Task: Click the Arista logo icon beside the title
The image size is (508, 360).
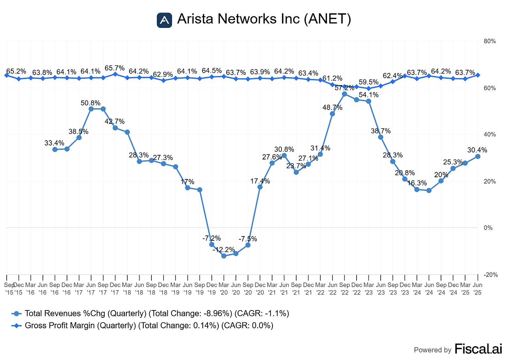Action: point(164,20)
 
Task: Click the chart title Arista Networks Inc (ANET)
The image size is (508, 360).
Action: point(264,19)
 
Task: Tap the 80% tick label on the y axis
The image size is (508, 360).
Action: point(490,41)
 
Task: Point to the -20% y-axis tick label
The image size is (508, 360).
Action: point(490,275)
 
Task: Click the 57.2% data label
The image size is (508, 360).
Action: point(344,88)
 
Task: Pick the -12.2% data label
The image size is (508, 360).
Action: point(224,250)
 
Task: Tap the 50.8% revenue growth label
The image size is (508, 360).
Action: point(90,103)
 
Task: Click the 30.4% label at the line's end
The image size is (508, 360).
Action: point(477,150)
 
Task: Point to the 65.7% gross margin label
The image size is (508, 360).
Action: point(114,68)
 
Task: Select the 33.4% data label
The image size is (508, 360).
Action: point(54,143)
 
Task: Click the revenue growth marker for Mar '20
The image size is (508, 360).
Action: point(224,256)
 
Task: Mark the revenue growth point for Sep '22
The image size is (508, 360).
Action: point(344,94)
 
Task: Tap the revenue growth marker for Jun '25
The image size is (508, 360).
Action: point(478,157)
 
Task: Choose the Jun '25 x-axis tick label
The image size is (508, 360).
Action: point(477,289)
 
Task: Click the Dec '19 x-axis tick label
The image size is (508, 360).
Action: point(211,289)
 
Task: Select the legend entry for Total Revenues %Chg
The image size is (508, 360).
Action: point(150,313)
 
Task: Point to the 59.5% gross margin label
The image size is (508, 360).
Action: point(368,82)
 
